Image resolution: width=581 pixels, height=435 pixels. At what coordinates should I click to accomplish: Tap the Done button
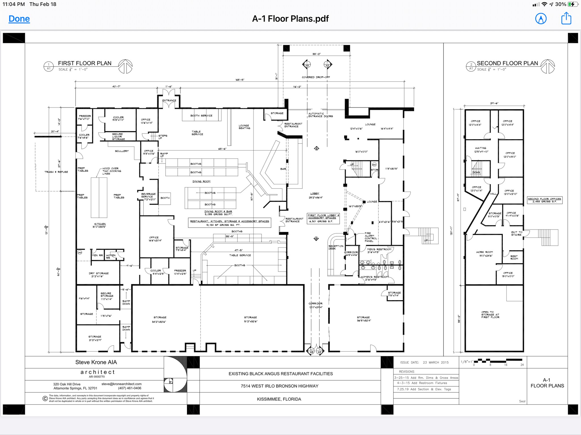[19, 19]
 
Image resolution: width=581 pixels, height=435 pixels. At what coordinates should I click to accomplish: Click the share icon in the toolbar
[566, 18]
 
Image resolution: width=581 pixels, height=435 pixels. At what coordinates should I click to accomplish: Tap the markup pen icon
[541, 19]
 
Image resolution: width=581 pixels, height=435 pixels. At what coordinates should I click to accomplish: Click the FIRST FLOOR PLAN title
[85, 63]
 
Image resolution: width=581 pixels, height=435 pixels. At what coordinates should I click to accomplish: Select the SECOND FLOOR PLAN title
[507, 63]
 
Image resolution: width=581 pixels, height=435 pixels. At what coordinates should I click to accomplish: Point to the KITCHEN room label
[100, 224]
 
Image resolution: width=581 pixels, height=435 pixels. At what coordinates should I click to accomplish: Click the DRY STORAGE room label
[98, 273]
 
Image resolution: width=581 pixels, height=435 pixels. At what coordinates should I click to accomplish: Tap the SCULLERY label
[122, 151]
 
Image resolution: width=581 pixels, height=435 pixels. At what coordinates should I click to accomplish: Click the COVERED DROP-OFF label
[316, 77]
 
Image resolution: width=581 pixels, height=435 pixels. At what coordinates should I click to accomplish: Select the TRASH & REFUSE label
[56, 172]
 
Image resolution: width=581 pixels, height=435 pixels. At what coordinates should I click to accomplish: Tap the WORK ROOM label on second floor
[484, 252]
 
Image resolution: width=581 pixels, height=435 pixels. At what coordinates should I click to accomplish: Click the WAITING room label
[480, 148]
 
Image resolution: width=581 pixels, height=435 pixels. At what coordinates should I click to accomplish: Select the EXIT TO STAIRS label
[516, 233]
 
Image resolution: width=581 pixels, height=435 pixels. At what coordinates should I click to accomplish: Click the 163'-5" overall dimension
[240, 80]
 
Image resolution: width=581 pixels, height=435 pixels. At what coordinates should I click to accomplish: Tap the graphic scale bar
[498, 361]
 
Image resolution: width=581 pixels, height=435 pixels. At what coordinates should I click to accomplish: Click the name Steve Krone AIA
[96, 362]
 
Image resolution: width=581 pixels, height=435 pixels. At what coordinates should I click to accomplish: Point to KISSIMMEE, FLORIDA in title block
[279, 399]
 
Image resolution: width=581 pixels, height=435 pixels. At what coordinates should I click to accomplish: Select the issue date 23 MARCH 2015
[435, 362]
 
